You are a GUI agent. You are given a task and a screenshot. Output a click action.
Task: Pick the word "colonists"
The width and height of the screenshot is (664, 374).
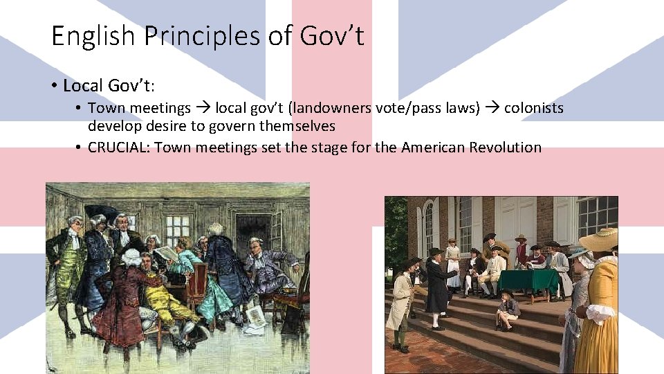(x=533, y=108)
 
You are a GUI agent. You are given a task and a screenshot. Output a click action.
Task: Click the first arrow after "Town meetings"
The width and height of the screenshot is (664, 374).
(x=203, y=108)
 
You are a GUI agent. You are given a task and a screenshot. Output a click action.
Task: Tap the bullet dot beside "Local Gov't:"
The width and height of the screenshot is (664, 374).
(x=53, y=87)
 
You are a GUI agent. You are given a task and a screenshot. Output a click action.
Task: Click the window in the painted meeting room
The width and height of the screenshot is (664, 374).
(x=177, y=228)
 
